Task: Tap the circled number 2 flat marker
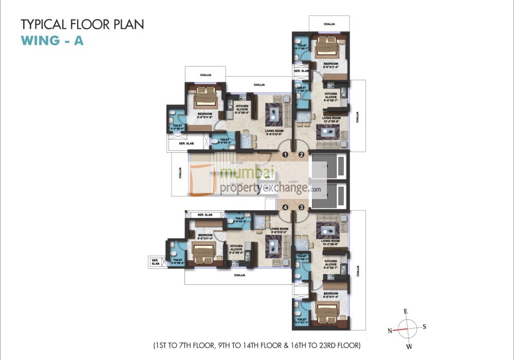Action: coord(302,154)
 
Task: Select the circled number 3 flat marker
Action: coord(302,207)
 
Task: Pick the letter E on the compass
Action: coord(406,312)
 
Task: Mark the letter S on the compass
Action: coord(425,327)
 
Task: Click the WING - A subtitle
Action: coord(52,41)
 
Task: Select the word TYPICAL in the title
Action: coord(43,24)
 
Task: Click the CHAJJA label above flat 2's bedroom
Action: coord(329,24)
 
